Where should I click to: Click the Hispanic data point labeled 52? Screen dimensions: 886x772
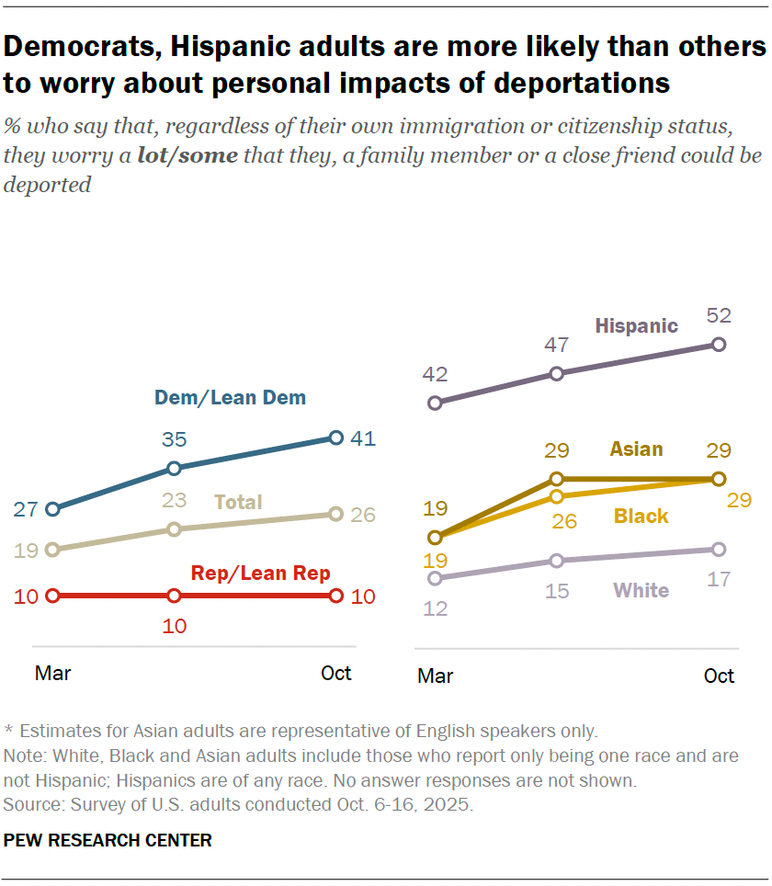click(719, 345)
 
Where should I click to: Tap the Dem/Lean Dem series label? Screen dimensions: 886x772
click(230, 398)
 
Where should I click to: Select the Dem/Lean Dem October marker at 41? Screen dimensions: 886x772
click(335, 437)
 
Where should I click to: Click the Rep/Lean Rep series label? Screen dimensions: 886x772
click(260, 574)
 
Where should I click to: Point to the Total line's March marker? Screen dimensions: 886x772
click(52, 550)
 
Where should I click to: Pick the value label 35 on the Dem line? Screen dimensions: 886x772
click(174, 439)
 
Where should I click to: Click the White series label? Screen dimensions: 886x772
click(641, 590)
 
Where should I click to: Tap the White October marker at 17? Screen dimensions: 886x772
click(719, 550)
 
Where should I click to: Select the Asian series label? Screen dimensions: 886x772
click(636, 449)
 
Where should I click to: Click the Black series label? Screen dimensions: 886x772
click(641, 517)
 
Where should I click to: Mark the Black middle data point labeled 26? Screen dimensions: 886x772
click(556, 496)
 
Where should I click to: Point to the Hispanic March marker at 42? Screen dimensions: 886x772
click(436, 403)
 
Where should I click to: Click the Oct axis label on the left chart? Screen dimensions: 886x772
click(335, 673)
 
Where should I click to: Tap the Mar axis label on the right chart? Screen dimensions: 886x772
click(436, 676)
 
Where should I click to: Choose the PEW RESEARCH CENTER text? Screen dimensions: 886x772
click(108, 840)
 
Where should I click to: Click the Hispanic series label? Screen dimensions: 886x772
click(636, 325)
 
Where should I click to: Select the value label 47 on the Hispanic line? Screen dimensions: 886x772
click(556, 346)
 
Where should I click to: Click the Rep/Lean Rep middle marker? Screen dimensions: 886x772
click(174, 596)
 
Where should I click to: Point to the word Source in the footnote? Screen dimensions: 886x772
click(30, 804)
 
